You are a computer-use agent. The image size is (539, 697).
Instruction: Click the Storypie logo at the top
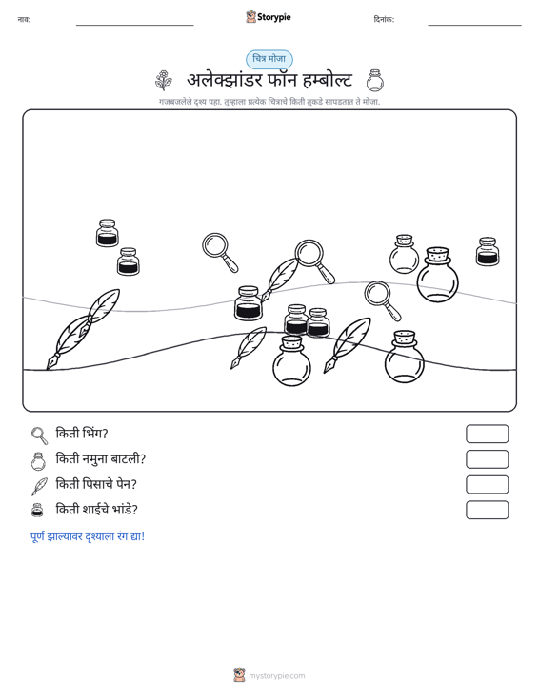pyautogui.click(x=269, y=17)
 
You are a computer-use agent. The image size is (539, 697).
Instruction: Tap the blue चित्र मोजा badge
pyautogui.click(x=269, y=59)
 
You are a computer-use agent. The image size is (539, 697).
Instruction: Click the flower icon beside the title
pyautogui.click(x=164, y=81)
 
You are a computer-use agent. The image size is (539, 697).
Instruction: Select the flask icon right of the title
pyautogui.click(x=375, y=81)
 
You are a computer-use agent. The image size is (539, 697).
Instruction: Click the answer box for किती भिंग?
pyautogui.click(x=487, y=434)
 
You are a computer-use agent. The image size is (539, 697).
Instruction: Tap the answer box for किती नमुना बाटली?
pyautogui.click(x=487, y=459)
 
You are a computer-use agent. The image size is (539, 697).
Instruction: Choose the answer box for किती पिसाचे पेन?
pyautogui.click(x=487, y=485)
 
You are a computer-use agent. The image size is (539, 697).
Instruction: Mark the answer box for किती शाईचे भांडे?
pyautogui.click(x=487, y=510)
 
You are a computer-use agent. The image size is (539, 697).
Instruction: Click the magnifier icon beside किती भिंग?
pyautogui.click(x=39, y=436)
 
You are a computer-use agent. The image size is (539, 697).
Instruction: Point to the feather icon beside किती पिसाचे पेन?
pyautogui.click(x=39, y=486)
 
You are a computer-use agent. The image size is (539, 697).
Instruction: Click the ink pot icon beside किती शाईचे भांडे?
pyautogui.click(x=38, y=511)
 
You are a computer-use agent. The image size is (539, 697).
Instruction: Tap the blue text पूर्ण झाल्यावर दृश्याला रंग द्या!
pyautogui.click(x=88, y=536)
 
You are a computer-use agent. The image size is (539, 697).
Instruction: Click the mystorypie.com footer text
pyautogui.click(x=277, y=676)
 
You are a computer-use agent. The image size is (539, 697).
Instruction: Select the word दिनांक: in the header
pyautogui.click(x=384, y=19)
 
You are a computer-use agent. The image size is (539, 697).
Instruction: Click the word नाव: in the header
pyautogui.click(x=24, y=19)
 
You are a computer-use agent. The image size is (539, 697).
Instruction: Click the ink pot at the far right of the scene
pyautogui.click(x=488, y=252)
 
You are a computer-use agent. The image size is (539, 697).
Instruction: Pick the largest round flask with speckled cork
pyautogui.click(x=437, y=275)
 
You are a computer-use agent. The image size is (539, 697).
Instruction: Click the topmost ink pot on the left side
pyautogui.click(x=108, y=232)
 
